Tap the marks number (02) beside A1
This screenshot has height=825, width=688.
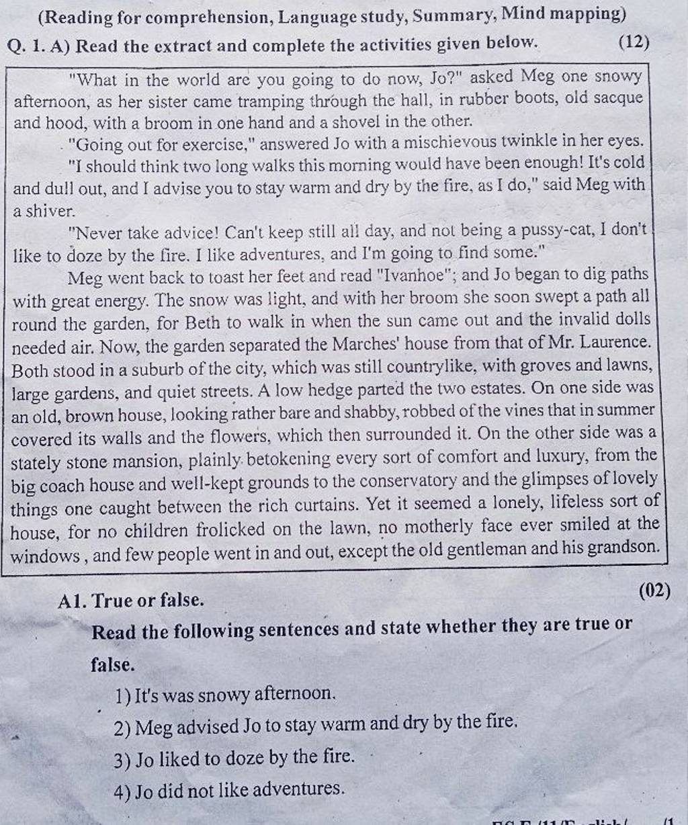coord(656,591)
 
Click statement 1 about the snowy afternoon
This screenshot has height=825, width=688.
coord(224,693)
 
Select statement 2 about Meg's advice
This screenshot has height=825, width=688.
coord(316,725)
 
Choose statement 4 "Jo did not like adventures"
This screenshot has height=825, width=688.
coord(228,789)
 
